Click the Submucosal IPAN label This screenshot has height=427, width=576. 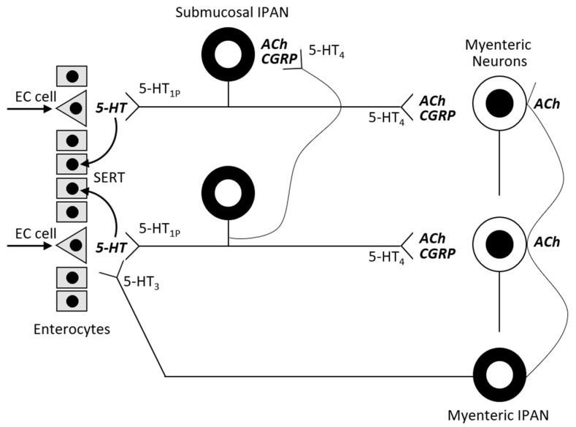229,14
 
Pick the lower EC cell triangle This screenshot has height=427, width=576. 72,247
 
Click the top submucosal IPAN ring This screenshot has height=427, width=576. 229,58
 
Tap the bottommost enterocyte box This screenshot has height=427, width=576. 72,301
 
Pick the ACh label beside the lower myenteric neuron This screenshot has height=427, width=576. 547,241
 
